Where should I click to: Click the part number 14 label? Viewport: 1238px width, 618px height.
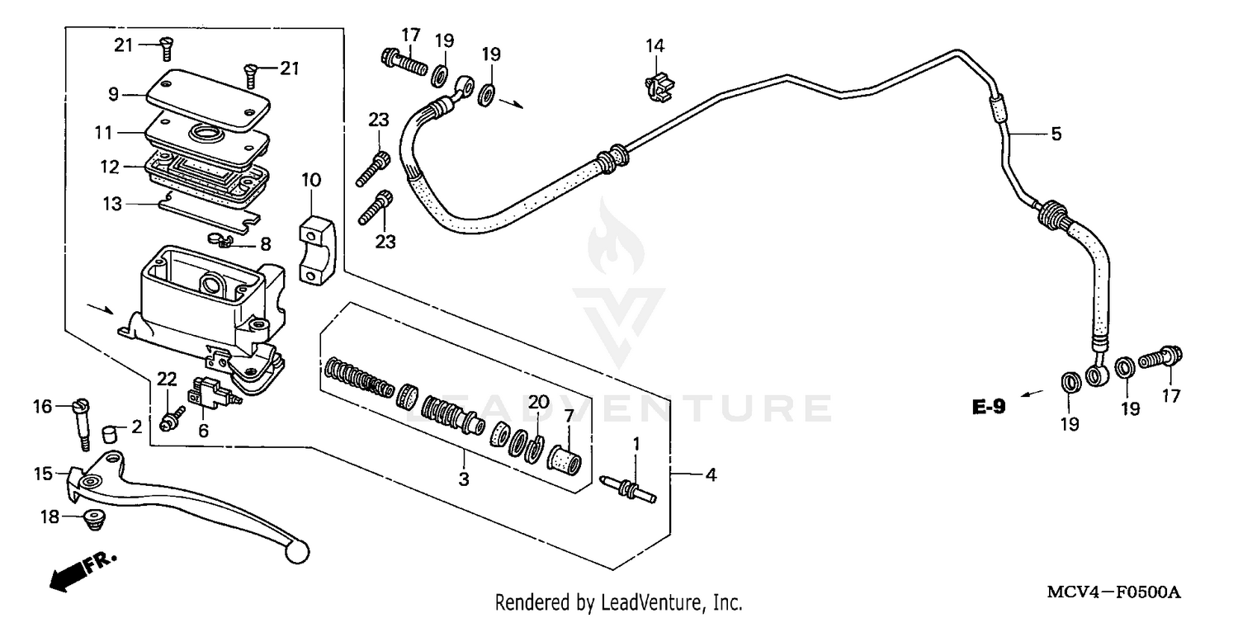coord(654,46)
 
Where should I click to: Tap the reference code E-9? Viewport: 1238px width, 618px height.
coord(988,406)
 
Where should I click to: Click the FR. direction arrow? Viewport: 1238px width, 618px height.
coord(81,570)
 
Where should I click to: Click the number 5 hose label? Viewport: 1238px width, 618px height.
coord(1056,133)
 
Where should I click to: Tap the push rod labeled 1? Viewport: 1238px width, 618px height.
coord(631,488)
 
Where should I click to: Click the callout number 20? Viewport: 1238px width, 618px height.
coord(538,403)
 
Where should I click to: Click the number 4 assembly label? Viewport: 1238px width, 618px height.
coord(709,474)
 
